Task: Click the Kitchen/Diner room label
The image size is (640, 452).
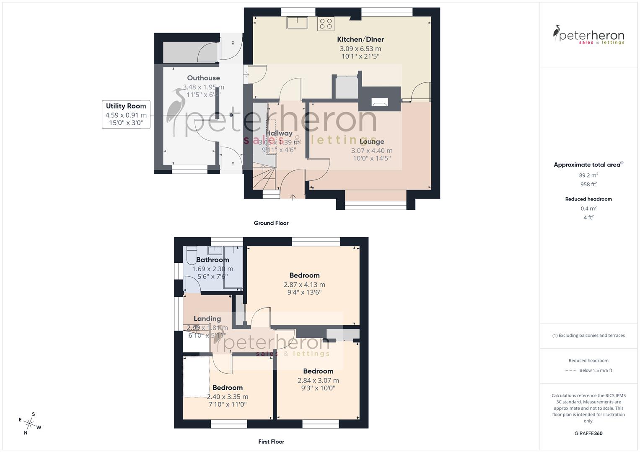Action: pyautogui.click(x=360, y=39)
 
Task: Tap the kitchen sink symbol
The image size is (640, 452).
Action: pyautogui.click(x=297, y=23)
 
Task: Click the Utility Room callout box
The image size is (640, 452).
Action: pyautogui.click(x=126, y=114)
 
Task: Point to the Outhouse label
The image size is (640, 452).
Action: pyautogui.click(x=203, y=78)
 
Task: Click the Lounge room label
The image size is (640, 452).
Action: pyautogui.click(x=372, y=141)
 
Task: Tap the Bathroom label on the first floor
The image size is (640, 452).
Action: pyautogui.click(x=212, y=260)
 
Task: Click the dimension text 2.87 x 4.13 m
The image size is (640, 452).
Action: pyautogui.click(x=304, y=285)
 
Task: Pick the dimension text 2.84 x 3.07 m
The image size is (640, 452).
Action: pyautogui.click(x=318, y=380)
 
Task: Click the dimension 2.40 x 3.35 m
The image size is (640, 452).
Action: pyautogui.click(x=228, y=397)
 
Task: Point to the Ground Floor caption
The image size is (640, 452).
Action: pyautogui.click(x=271, y=223)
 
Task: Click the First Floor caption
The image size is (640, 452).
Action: pyautogui.click(x=271, y=442)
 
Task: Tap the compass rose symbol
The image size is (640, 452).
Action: pyautogui.click(x=30, y=423)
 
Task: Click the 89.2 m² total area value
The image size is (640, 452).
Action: pyautogui.click(x=588, y=175)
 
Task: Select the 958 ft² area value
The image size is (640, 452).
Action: pyautogui.click(x=588, y=184)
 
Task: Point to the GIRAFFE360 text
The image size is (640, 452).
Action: pyautogui.click(x=588, y=433)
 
